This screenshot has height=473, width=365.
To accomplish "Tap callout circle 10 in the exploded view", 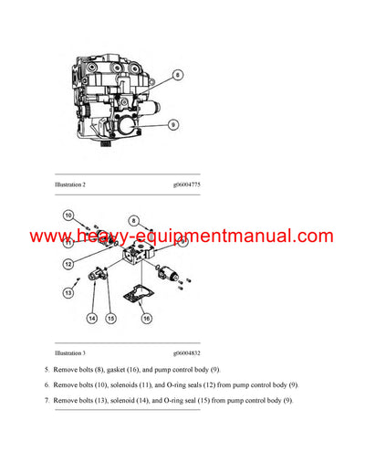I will pos(68,215).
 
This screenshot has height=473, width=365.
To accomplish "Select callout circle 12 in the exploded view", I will pos(67,264).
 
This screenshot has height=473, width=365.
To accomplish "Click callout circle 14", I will pos(92,318).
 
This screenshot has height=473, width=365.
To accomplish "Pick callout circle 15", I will pos(110,318).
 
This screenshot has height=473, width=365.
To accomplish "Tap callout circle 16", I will pos(146,319).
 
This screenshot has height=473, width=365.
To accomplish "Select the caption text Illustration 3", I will pos(70,352).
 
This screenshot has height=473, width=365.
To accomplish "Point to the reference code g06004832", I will pos(186,352).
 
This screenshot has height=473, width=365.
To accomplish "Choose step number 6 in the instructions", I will pos(47,384).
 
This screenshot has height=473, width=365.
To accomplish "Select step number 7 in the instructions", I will pos(47,401).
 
